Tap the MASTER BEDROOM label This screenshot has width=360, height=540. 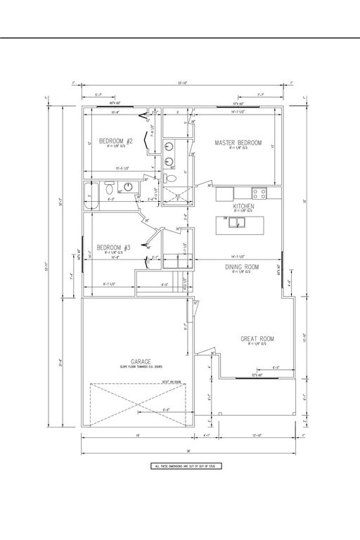(238, 143)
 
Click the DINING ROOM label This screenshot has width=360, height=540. (242, 267)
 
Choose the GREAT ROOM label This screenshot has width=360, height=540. (257, 339)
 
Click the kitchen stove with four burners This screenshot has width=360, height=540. (259, 192)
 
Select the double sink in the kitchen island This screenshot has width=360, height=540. (239, 224)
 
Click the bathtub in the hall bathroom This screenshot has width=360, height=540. (89, 196)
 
